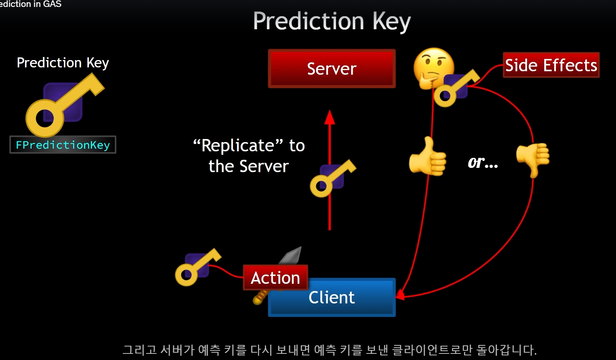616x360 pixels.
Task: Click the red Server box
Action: point(331,69)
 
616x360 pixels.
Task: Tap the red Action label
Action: point(275,277)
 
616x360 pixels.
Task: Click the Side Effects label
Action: point(551,65)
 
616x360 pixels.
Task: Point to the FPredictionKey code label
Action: point(63,145)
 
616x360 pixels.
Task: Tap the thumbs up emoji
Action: point(427,157)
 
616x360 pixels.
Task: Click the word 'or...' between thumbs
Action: point(483,162)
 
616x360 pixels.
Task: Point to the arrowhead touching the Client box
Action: point(400,295)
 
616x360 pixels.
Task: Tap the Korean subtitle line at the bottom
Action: point(330,350)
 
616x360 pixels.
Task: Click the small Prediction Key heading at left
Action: point(63,62)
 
